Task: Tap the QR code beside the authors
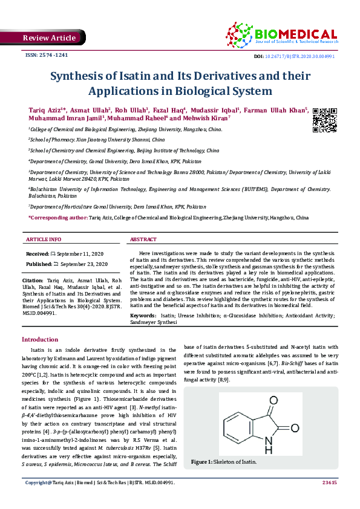pos(324,120)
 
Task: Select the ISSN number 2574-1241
pos(46,55)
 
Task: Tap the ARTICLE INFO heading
pos(44,239)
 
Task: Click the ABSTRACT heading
pos(144,239)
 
